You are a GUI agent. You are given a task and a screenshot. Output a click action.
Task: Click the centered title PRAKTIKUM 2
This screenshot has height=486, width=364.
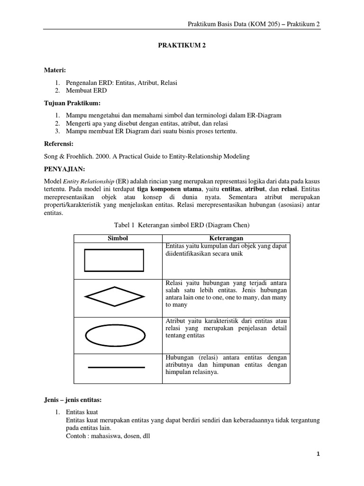(182, 47)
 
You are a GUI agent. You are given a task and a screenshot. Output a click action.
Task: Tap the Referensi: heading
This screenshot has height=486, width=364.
(59, 143)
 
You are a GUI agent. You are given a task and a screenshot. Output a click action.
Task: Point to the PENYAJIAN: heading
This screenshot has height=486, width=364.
(63, 168)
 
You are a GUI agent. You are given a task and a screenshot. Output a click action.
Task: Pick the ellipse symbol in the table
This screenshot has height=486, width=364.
(114, 335)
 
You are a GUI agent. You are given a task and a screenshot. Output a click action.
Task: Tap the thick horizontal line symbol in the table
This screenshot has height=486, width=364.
(116, 367)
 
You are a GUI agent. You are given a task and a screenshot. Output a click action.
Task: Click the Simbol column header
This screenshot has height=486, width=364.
(118, 238)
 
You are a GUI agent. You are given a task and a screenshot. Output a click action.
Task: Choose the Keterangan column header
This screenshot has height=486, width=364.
(226, 238)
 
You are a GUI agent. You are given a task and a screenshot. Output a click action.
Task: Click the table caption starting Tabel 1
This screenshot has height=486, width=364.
(182, 225)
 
